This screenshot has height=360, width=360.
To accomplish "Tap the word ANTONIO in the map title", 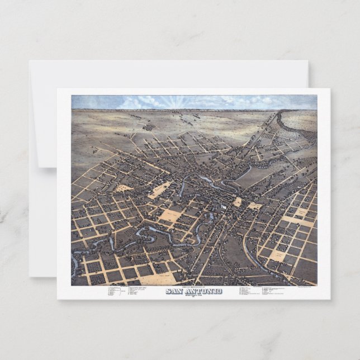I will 202,291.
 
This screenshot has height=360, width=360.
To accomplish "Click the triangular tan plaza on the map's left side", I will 124,188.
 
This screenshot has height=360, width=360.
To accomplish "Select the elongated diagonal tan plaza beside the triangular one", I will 160,190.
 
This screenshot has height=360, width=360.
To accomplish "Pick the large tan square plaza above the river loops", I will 170,215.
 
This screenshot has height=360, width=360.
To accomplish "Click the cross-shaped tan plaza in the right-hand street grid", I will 299,216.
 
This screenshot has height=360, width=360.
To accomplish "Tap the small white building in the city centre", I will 224,207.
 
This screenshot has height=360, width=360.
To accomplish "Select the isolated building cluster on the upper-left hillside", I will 149,127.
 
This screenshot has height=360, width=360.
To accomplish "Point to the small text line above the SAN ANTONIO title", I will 193,287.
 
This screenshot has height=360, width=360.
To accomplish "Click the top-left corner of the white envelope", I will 30,61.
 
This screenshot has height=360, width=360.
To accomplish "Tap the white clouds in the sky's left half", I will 134,102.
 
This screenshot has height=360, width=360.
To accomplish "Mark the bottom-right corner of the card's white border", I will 330,299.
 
